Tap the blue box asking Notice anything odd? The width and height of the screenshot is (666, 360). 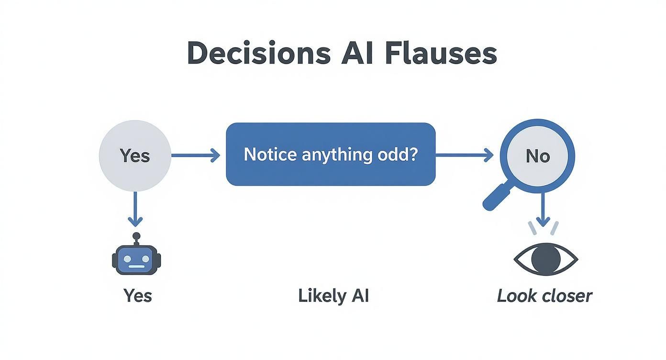(x=331, y=154)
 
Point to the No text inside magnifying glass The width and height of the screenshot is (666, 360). (x=538, y=156)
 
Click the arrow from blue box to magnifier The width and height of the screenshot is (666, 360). (x=464, y=155)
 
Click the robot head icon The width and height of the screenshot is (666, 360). (x=136, y=259)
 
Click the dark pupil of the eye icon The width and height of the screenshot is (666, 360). (x=546, y=259)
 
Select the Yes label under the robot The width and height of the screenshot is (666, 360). (x=137, y=295)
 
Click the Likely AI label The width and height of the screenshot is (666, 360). (x=333, y=295)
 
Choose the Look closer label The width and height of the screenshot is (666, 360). (x=544, y=295)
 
